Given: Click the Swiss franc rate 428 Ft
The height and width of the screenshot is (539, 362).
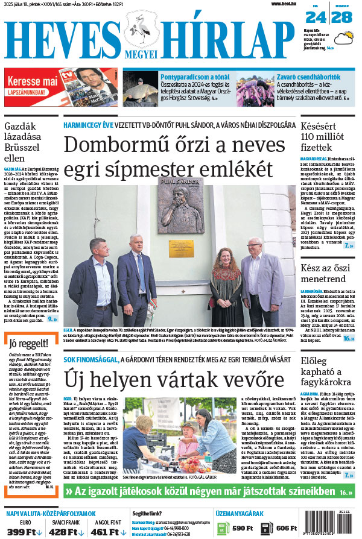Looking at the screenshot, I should coord(63,531).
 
